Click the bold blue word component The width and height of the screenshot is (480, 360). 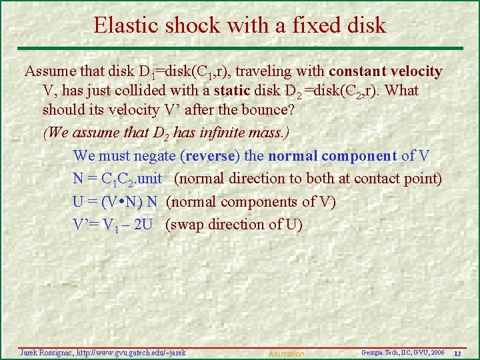click(359, 156)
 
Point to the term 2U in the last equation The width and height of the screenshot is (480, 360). click(143, 225)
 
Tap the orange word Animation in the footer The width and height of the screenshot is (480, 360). click(286, 353)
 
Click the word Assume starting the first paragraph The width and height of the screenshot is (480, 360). click(47, 71)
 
